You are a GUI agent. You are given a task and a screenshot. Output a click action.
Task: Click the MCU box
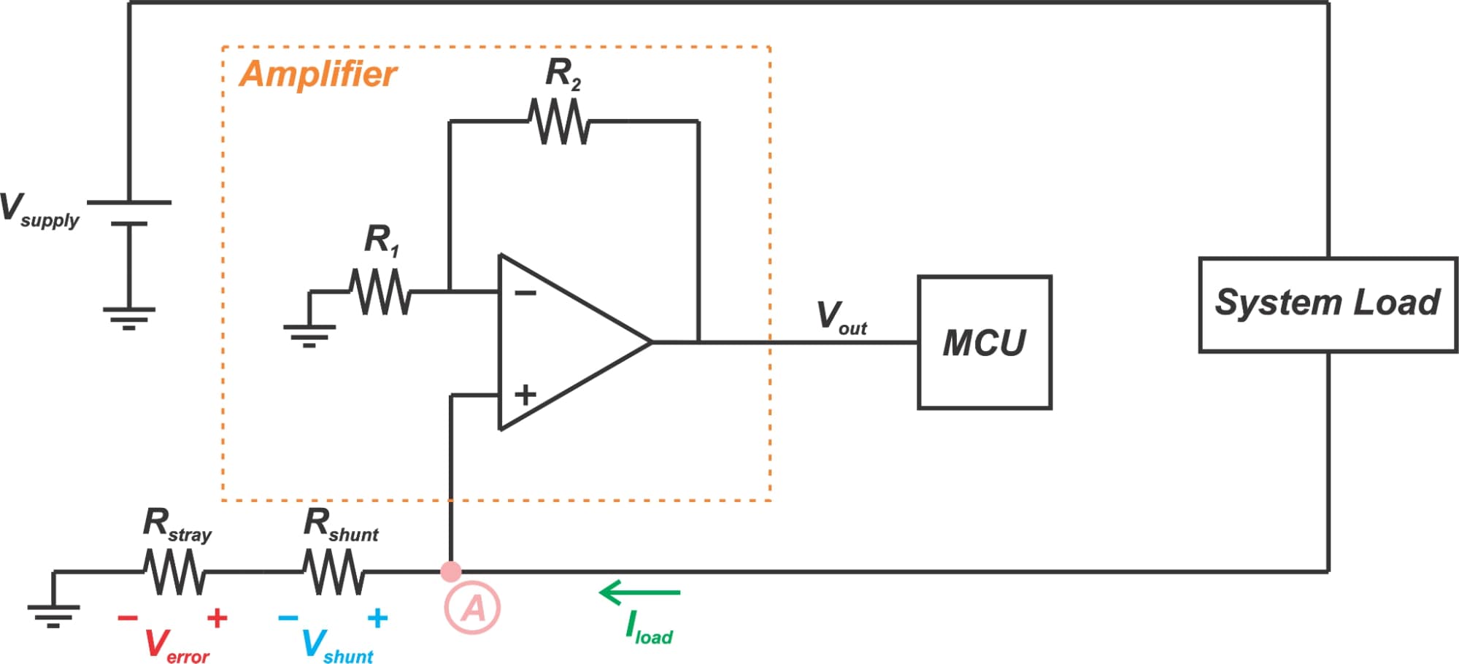(x=984, y=342)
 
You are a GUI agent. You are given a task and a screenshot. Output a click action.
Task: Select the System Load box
(x=1328, y=304)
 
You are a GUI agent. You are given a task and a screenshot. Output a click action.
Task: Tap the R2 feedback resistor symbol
(x=558, y=121)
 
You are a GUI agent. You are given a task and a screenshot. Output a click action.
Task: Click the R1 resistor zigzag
(x=380, y=291)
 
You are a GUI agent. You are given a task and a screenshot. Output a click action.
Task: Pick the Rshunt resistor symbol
(x=334, y=571)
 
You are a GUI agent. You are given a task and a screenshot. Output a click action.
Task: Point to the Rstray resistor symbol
(x=174, y=571)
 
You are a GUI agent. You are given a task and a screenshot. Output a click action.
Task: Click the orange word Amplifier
(x=317, y=74)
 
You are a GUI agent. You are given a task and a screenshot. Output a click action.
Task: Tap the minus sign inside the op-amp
(x=525, y=293)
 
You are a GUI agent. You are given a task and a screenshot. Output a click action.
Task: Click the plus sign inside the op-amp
(x=525, y=395)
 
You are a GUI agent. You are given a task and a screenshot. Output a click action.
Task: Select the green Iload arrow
(x=639, y=592)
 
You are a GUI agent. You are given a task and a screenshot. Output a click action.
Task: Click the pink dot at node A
(x=451, y=571)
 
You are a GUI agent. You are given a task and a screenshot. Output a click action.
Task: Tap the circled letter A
(x=472, y=608)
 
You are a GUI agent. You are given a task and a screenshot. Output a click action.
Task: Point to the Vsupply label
(x=39, y=210)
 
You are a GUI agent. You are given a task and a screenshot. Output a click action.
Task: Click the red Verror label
(x=176, y=646)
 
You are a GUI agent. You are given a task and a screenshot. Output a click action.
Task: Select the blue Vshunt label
(x=336, y=646)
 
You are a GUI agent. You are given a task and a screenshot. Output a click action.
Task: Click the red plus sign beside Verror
(x=217, y=618)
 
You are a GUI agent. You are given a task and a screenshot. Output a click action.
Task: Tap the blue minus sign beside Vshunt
(x=288, y=618)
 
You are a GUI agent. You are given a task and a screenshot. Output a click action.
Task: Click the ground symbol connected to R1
(x=309, y=335)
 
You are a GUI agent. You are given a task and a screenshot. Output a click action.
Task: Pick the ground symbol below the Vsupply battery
(x=129, y=318)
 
